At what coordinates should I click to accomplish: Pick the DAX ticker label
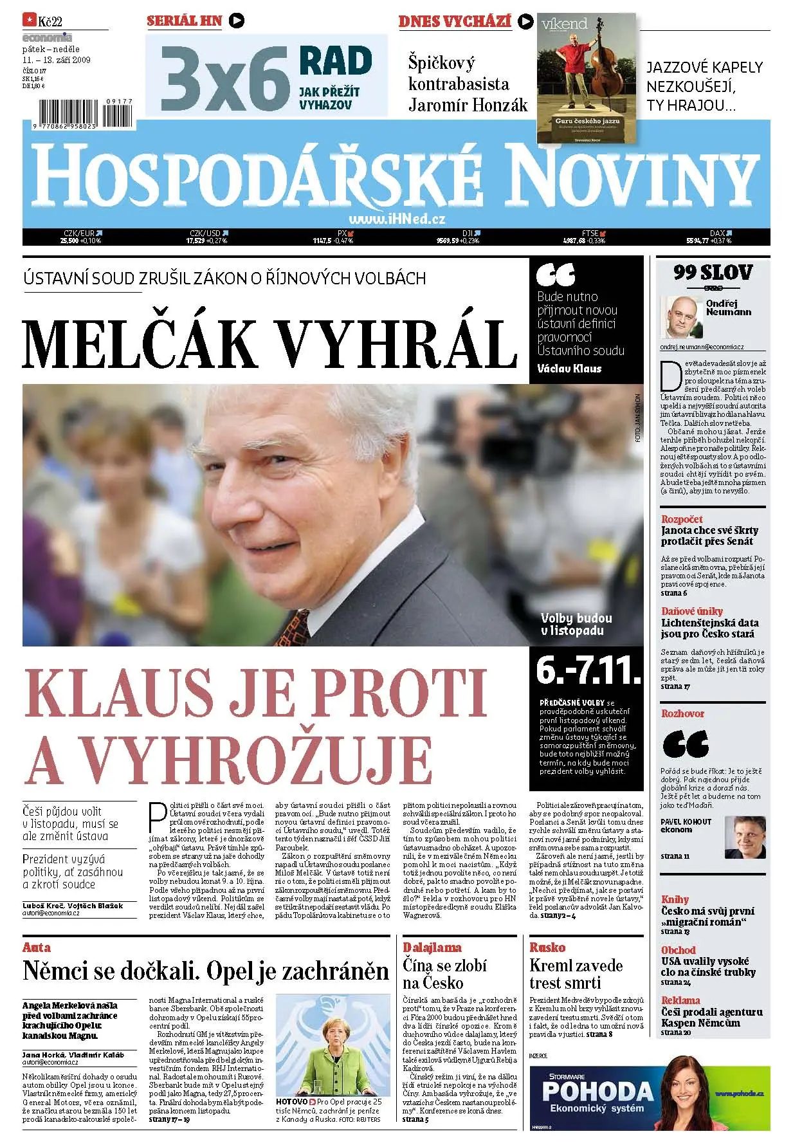(717, 233)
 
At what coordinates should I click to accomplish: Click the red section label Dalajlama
(432, 947)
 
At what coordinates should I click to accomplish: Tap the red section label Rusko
(547, 947)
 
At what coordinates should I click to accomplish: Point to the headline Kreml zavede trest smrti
(576, 974)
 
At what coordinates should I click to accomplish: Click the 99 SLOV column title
(713, 273)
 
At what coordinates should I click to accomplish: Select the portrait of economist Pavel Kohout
(745, 836)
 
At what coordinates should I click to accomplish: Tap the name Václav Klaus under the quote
(569, 369)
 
